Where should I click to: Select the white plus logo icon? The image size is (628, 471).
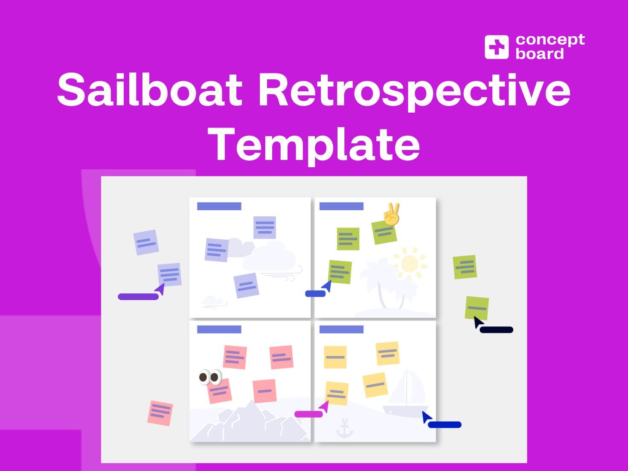pos(496,47)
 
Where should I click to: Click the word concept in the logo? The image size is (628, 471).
pos(550,40)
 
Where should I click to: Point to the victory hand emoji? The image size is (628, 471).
pos(391,214)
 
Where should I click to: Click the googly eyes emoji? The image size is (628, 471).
pos(210,377)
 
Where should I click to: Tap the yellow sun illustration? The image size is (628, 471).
pos(409,263)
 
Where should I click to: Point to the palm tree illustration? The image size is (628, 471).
pos(380,282)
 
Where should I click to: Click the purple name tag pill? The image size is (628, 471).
pos(138,297)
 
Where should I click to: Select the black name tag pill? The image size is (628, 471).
pos(496,329)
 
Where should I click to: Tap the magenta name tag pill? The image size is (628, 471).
pos(308,414)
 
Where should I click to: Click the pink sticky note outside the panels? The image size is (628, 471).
pos(160,413)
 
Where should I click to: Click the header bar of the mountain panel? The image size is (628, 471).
pos(219,329)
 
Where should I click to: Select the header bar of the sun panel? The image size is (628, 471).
pos(341,206)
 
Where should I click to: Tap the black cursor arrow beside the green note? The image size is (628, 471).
pos(478,322)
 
